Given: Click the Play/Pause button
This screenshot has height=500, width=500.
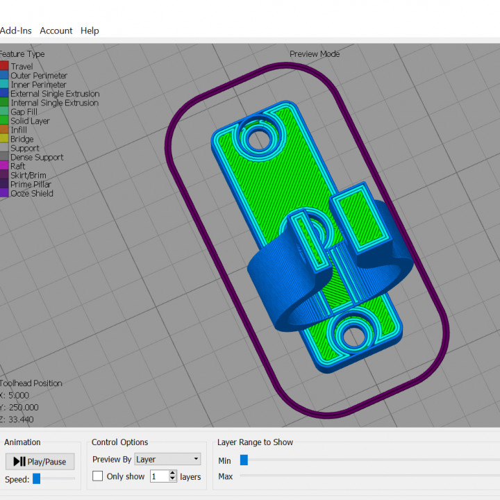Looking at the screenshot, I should point(40,461).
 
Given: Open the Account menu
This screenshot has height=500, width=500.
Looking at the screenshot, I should point(56,31).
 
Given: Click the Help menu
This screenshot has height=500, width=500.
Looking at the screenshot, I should point(90,31).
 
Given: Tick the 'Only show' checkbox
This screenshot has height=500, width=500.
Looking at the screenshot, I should point(98,476).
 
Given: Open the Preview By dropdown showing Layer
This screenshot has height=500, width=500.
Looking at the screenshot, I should point(167,459).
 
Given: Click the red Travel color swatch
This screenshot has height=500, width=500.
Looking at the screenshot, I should point(3,67).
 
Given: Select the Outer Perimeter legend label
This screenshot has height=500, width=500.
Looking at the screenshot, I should point(39,76).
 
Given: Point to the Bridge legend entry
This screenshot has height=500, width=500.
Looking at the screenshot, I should point(22,139).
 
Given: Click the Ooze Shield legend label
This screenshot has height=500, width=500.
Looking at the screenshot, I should point(32,193).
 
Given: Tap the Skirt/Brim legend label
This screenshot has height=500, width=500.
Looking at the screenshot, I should point(29,175).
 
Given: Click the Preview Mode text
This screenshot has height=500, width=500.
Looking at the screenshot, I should point(315,54).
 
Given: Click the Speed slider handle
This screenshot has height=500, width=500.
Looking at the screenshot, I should point(37,478).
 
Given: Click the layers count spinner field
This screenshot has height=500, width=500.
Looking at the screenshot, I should point(159,476).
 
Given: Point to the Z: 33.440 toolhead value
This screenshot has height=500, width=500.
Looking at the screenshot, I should point(19,419).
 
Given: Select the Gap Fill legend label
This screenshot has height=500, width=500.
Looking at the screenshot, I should point(24,112).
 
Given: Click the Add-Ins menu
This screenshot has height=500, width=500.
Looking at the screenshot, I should point(15,31).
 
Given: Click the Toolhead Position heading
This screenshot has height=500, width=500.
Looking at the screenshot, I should point(31,383).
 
